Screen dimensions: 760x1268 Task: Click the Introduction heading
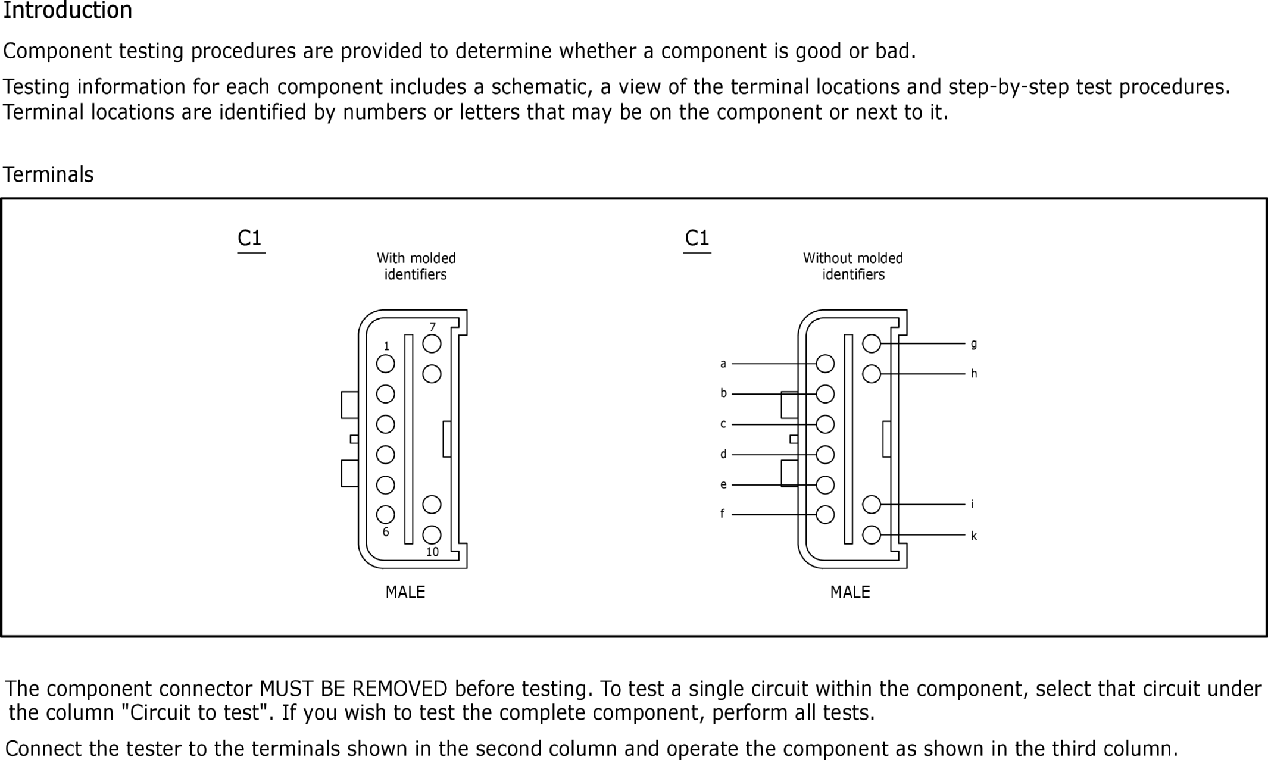click(x=67, y=11)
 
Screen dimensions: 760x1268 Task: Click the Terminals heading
click(x=48, y=174)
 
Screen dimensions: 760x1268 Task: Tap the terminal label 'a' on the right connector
click(x=723, y=364)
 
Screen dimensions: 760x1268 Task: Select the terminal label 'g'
click(x=974, y=343)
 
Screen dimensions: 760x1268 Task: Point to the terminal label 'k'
click(x=974, y=536)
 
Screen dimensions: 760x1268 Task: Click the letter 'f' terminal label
click(x=723, y=514)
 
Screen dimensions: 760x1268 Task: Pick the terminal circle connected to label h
click(x=872, y=374)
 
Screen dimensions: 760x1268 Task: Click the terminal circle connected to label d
click(x=825, y=455)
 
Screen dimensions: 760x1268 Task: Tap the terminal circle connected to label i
click(x=872, y=504)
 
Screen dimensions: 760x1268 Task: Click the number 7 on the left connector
click(x=433, y=327)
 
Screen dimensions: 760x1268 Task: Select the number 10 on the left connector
click(x=432, y=552)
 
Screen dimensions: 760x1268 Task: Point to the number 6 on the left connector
click(x=386, y=532)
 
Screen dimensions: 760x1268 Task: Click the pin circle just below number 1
click(x=386, y=364)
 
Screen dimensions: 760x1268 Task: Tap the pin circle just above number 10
click(x=432, y=534)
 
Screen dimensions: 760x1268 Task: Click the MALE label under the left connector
click(x=405, y=592)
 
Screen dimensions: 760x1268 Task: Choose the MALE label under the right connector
click(x=850, y=592)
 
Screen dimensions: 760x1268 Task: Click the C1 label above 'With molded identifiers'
click(x=249, y=238)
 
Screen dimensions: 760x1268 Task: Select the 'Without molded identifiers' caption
click(x=853, y=266)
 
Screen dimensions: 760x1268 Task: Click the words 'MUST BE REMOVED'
click(x=353, y=689)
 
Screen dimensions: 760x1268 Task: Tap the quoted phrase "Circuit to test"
click(x=195, y=712)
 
